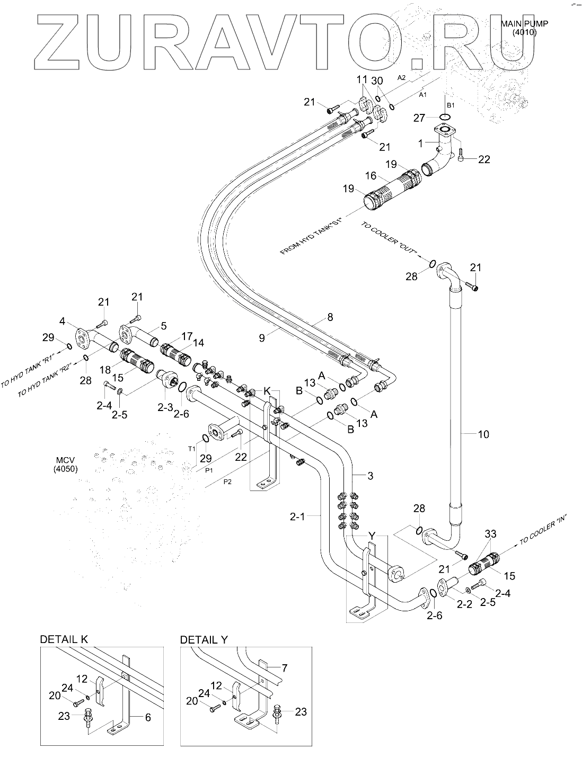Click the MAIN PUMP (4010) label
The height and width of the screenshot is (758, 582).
click(x=524, y=28)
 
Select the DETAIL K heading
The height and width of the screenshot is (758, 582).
click(x=64, y=640)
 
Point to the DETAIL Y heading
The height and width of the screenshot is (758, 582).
click(x=204, y=640)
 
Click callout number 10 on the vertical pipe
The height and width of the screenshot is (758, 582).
click(x=483, y=434)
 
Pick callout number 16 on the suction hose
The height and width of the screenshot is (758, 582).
click(x=371, y=175)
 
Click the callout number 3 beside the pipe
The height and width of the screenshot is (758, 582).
click(x=371, y=476)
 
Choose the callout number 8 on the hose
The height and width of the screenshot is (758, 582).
click(x=330, y=318)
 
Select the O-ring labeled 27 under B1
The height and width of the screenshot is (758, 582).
click(x=446, y=117)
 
